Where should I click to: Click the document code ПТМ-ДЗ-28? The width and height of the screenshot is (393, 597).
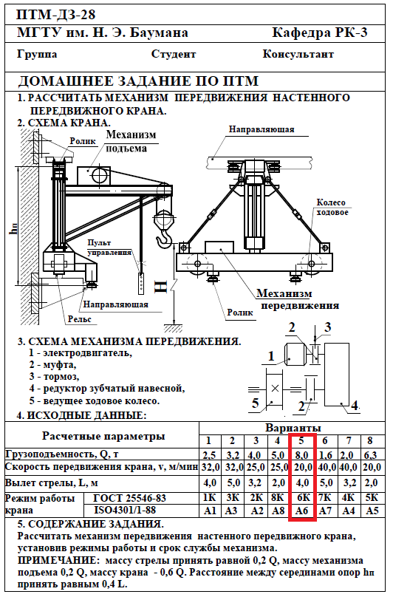[56, 15]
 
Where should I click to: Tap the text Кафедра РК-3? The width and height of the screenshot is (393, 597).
[320, 33]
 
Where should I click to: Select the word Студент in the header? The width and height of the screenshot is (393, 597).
[174, 54]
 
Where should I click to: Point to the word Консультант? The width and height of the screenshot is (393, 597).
[298, 54]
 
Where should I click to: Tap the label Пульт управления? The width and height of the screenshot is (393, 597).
[109, 248]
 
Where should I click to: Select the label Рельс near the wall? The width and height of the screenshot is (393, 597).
[80, 318]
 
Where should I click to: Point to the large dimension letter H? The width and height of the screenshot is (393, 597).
[161, 287]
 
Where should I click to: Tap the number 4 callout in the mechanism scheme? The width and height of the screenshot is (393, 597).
[354, 405]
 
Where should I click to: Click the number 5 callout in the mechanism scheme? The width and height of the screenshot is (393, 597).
[255, 403]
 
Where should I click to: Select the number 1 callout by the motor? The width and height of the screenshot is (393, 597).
[271, 356]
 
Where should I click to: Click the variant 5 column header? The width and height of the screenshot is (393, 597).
[301, 440]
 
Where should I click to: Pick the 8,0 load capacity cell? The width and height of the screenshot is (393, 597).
[301, 455]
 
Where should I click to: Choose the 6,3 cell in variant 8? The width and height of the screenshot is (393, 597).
[370, 455]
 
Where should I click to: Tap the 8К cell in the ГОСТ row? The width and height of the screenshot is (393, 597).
[278, 498]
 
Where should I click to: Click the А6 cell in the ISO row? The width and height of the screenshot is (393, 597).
[301, 511]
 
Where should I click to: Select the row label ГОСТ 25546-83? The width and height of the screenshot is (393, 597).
[129, 498]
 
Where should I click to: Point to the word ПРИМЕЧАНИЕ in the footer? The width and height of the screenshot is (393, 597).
[58, 561]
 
